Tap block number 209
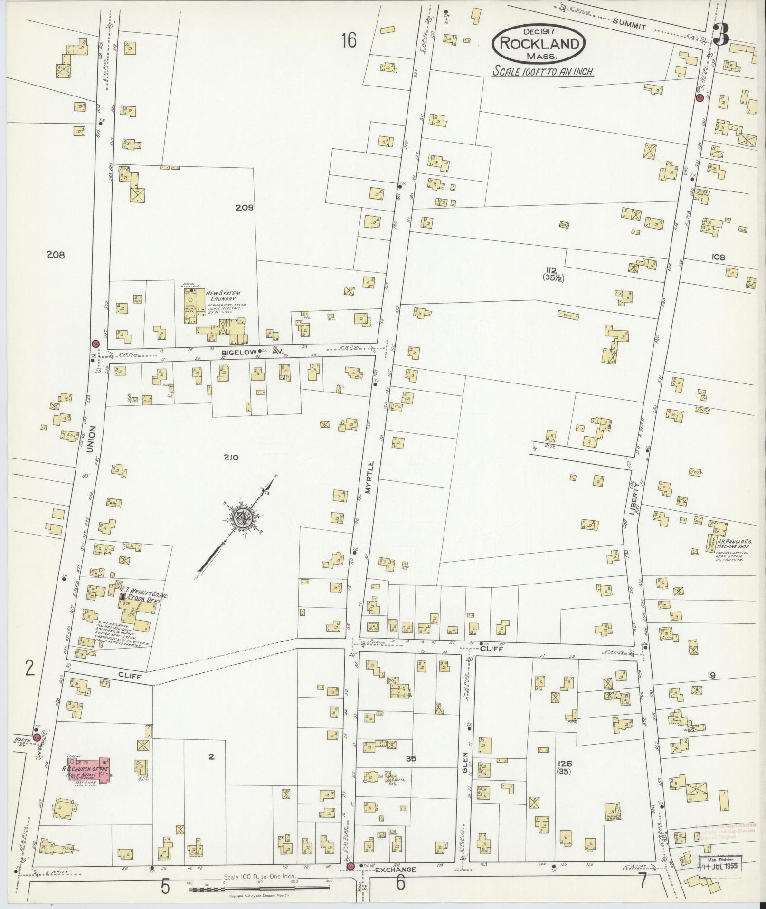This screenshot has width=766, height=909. pos(244,208)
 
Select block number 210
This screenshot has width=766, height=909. pos(230,458)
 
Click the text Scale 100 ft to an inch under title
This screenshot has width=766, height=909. pos(543,72)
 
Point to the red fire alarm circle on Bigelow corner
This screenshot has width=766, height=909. pos(95,344)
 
